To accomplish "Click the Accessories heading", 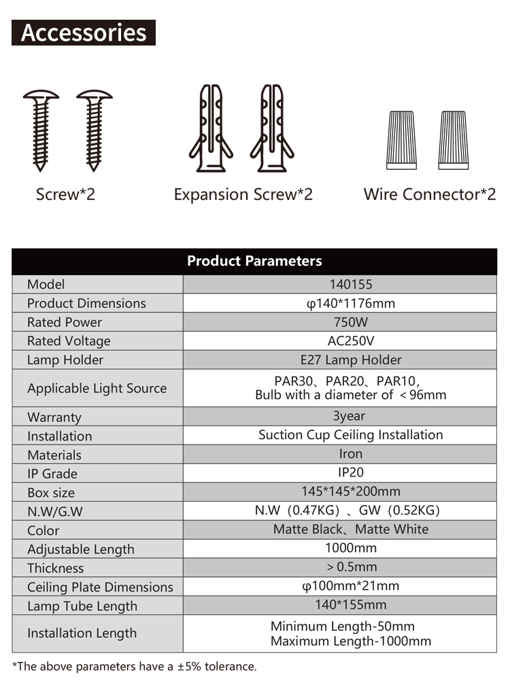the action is click(83, 33).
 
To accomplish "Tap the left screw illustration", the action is click(41, 130).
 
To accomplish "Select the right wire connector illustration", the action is click(454, 140).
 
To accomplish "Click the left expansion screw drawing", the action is click(211, 128).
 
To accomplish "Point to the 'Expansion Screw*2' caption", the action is click(243, 194).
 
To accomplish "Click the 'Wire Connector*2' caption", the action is click(429, 194).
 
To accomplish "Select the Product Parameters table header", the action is click(254, 261).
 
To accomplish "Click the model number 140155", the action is click(351, 284).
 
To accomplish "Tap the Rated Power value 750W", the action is click(351, 322).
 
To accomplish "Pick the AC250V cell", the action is click(351, 341).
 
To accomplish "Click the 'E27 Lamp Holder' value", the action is click(351, 360).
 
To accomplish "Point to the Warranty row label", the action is click(54, 417).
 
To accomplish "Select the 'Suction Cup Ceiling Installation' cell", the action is click(351, 435).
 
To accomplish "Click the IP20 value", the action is click(351, 472).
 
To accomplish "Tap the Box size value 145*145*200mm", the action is click(351, 491).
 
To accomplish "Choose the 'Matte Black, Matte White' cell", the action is click(351, 529).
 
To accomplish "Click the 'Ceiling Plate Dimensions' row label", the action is click(100, 587).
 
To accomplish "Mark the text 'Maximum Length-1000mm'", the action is click(351, 642).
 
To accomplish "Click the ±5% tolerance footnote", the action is click(135, 666).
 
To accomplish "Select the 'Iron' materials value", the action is click(351, 453).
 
